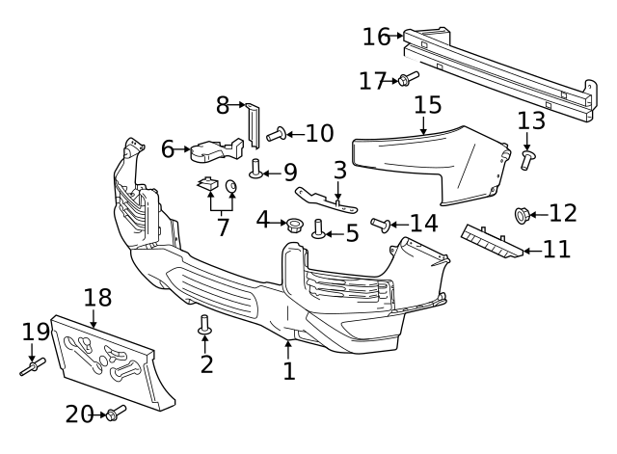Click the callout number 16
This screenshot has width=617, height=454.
point(377,37)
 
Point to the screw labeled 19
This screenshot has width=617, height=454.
point(32,367)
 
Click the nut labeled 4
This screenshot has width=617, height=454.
point(293,226)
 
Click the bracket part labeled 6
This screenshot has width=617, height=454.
point(215,151)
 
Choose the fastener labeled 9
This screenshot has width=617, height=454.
point(256,170)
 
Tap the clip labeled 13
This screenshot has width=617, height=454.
point(528,160)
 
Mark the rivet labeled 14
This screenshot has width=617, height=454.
point(380,225)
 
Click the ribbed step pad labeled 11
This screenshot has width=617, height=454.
point(493,243)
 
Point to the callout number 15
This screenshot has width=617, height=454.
point(427,104)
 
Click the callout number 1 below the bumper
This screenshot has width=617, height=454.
point(288,370)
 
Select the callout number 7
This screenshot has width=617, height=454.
point(223,228)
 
